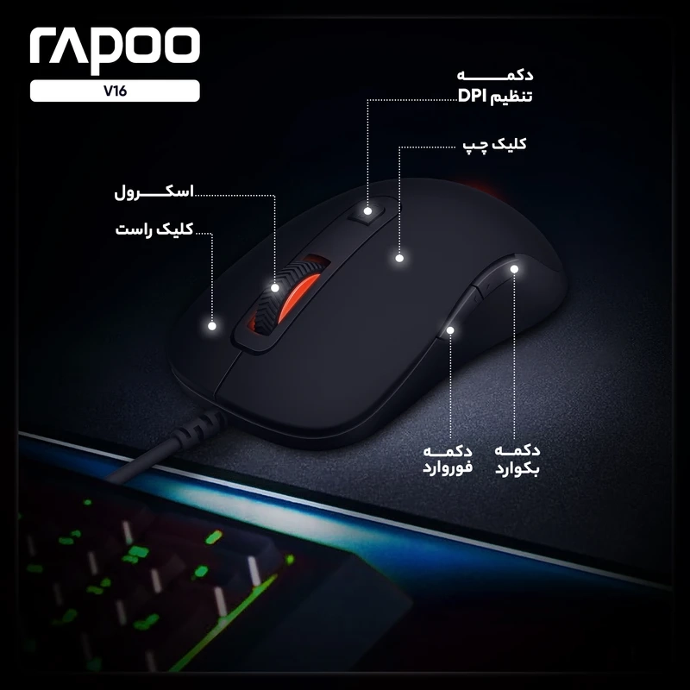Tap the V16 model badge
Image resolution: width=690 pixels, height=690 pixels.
click(115, 91)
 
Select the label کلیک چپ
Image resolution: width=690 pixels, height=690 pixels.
click(494, 145)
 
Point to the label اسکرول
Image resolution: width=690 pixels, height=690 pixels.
click(154, 192)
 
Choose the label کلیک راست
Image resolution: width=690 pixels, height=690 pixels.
click(154, 229)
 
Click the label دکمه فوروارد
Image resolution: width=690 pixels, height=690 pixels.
click(448, 459)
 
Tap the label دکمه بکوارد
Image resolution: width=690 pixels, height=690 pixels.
click(517, 459)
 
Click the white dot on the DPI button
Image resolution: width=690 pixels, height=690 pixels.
click(367, 211)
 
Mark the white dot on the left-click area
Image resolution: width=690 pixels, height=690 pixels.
click(399, 258)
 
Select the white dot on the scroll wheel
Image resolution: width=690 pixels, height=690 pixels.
click(275, 288)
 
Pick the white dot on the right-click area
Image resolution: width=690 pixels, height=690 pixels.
click(212, 326)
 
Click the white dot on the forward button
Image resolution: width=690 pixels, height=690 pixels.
click(450, 330)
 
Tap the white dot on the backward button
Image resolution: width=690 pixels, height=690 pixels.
click(514, 269)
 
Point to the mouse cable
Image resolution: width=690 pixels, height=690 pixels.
click(168, 445)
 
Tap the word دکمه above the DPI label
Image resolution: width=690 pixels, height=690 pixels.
click(495, 75)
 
